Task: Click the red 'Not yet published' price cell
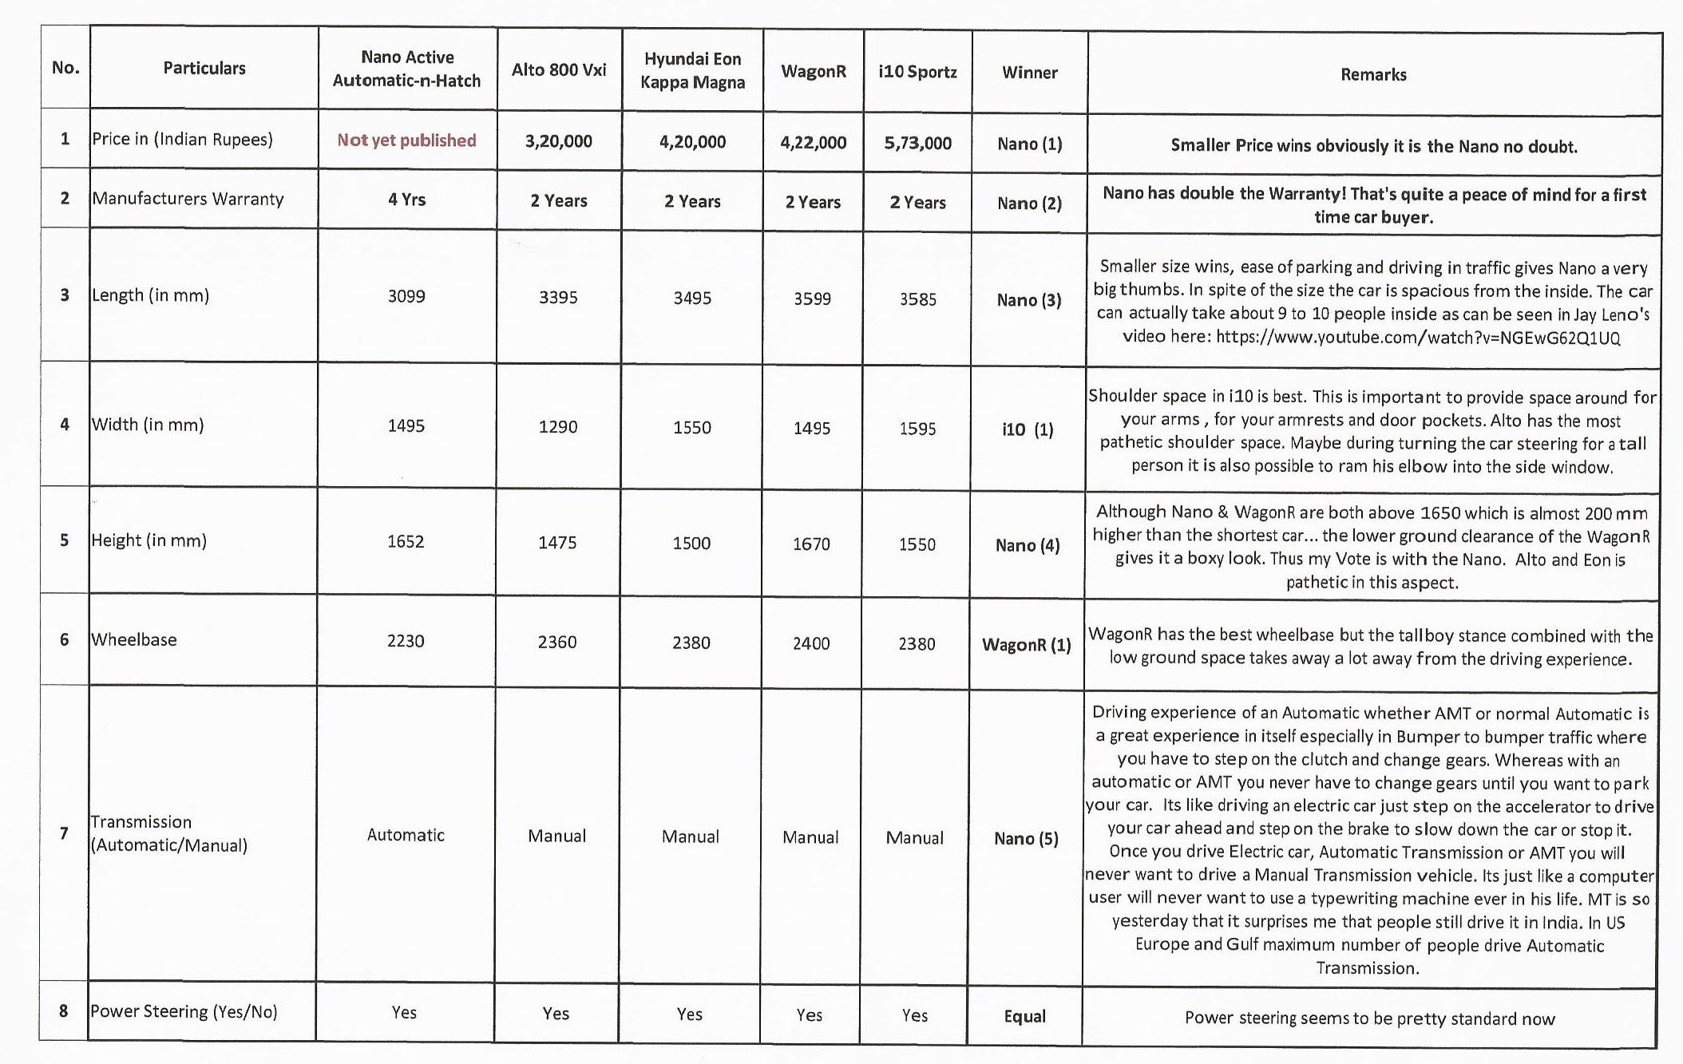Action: click(406, 140)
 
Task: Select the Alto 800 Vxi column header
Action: click(559, 70)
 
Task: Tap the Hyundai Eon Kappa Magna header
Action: click(692, 71)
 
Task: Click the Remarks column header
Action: click(1373, 75)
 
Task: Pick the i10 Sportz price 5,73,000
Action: click(917, 144)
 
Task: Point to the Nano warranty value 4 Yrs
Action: click(406, 200)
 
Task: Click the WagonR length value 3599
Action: click(812, 299)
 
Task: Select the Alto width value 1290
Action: click(557, 427)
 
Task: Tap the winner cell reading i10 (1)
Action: click(1028, 430)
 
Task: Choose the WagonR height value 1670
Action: click(811, 544)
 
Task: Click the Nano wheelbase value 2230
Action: click(406, 641)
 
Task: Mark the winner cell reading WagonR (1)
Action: click(1027, 645)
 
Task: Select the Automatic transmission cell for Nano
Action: click(406, 836)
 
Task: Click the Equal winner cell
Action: click(1024, 1017)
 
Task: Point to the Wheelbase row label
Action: click(134, 640)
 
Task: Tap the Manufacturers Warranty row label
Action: click(188, 199)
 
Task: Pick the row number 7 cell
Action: click(64, 834)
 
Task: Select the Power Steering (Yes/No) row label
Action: click(184, 1012)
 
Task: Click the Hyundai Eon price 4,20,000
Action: click(692, 143)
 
